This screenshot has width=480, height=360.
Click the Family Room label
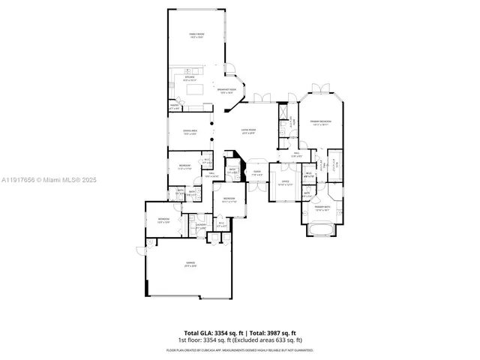pos(196,36)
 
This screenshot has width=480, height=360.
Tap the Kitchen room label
pos(190,77)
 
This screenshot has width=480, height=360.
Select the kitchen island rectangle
pos(195,89)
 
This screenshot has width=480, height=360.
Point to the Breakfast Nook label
pos(226,91)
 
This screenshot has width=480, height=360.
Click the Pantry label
pos(174,108)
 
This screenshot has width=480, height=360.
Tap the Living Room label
pos(248,132)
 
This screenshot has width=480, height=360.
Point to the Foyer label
pos(256,172)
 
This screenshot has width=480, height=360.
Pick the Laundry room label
pos(201,224)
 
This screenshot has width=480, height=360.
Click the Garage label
pos(190,264)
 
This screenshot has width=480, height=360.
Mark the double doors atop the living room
pos(259,97)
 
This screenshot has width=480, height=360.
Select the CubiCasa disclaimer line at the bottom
pos(239,350)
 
